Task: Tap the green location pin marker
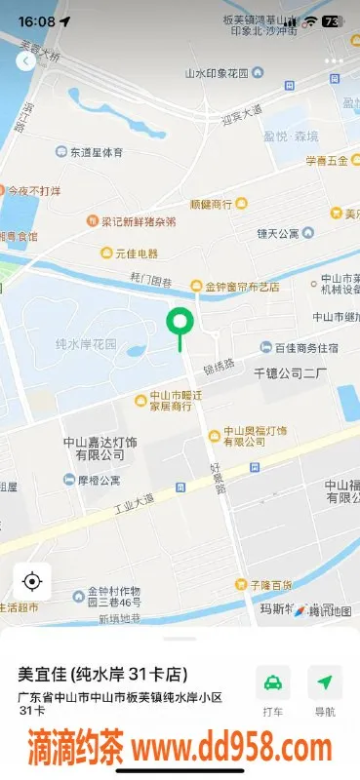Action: pyautogui.click(x=180, y=323)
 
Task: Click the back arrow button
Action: pyautogui.click(x=25, y=60)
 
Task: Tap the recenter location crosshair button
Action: pyautogui.click(x=31, y=582)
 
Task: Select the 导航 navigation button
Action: pyautogui.click(x=324, y=690)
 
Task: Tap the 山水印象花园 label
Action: pyautogui.click(x=223, y=73)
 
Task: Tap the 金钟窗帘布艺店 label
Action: pyautogui.click(x=240, y=287)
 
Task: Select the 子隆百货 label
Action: pyautogui.click(x=269, y=585)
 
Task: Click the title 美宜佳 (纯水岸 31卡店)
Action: pyautogui.click(x=102, y=674)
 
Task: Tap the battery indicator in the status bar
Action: pyautogui.click(x=332, y=20)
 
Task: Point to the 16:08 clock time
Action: pyautogui.click(x=36, y=20)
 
